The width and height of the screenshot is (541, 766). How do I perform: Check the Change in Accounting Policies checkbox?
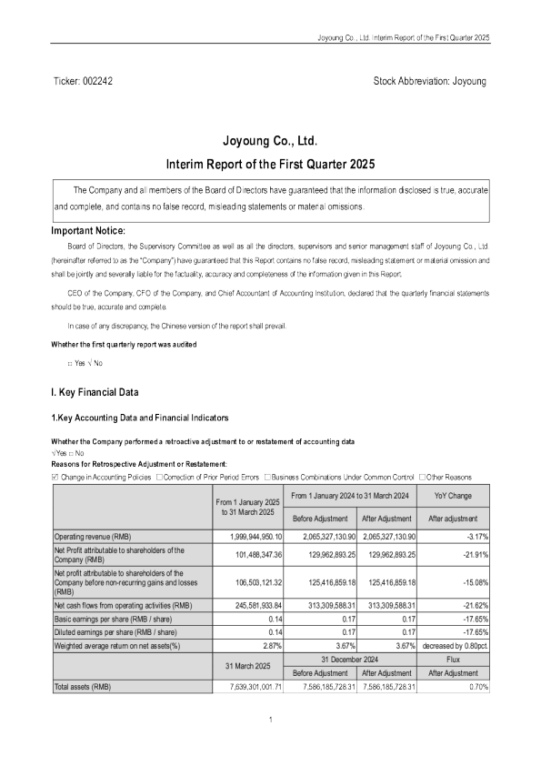click(x=56, y=476)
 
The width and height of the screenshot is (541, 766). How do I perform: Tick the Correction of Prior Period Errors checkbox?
click(x=160, y=476)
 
